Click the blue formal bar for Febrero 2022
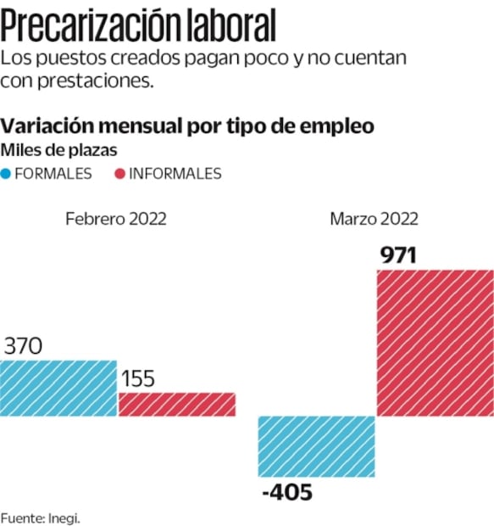tap(58, 389)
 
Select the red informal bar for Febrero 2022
tap(176, 405)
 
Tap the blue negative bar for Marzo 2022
tap(316, 446)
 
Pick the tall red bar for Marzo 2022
tap(435, 343)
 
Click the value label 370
tap(24, 346)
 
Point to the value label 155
tap(136, 378)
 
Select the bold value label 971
tap(398, 255)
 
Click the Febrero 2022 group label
tap(116, 219)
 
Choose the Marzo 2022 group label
tap(374, 219)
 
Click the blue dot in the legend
tap(7, 174)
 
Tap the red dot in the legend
tap(119, 174)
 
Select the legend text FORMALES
tap(53, 174)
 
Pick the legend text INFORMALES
tap(175, 174)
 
